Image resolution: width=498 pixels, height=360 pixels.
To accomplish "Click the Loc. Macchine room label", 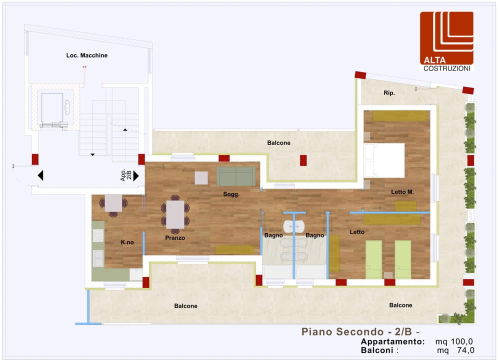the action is point(86,55).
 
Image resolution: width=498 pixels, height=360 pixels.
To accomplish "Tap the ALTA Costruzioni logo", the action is point(446,41).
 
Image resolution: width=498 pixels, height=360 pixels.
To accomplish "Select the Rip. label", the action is point(389,93).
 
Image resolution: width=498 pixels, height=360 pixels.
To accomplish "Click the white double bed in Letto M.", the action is point(384,160).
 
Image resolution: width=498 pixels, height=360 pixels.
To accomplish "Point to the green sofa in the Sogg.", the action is point(236,176).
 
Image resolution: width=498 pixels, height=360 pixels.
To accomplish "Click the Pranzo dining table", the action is point(175,214).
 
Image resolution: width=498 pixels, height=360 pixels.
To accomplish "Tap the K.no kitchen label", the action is point(127,242).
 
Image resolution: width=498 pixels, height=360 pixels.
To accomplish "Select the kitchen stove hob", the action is point(98,235).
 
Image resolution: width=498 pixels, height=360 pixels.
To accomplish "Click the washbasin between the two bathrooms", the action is point(294,226).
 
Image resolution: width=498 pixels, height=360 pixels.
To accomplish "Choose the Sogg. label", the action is point(231,194).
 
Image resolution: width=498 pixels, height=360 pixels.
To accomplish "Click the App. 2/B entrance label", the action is point(126,175).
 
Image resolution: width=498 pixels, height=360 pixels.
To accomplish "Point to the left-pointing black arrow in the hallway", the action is point(40,175).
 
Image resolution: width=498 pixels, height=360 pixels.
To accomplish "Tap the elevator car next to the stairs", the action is point(52,107).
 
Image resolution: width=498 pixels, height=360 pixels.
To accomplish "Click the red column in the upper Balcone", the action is point(303,160).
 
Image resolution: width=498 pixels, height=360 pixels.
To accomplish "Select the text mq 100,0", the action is point(454,341).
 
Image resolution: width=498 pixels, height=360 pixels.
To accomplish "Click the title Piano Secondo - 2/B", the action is point(360,331).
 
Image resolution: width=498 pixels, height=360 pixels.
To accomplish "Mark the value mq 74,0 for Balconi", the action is point(456,350).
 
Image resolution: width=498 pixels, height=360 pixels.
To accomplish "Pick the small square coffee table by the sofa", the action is point(201,178).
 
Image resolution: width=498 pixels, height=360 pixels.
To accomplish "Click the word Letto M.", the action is point(402,192).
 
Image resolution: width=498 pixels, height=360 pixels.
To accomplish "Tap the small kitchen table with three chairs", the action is point(113,203).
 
